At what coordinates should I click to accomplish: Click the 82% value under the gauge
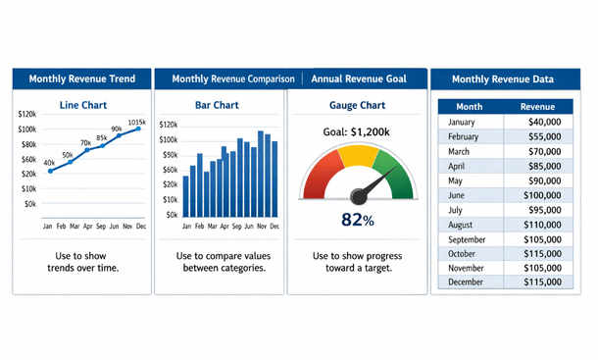pos(357,221)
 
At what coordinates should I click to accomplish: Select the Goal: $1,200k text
pos(357,131)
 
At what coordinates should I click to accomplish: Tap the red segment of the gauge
pos(320,172)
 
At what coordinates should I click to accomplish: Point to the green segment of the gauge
pos(394,168)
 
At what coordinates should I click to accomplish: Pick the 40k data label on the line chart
pos(49,163)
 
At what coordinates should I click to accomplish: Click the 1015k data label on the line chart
pos(136,122)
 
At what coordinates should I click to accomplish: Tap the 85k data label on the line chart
pos(102,137)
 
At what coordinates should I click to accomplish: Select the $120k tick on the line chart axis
pos(27,115)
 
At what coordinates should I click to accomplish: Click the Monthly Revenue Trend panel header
pos(81,79)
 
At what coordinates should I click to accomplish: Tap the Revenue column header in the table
pos(537,106)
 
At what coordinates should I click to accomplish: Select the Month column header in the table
pos(470,106)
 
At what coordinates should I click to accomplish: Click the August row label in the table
pos(463,225)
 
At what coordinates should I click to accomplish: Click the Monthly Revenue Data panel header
pos(504,79)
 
